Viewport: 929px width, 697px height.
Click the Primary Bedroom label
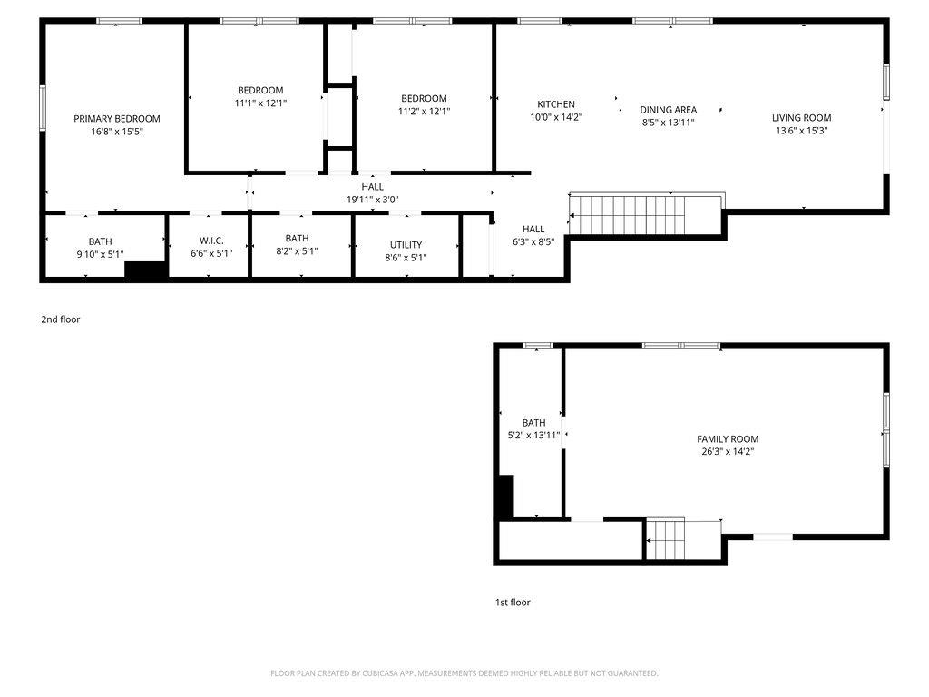(x=117, y=119)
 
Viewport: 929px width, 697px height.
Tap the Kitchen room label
(x=556, y=104)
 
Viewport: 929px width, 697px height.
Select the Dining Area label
(x=669, y=110)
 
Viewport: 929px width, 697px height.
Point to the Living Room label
(x=802, y=118)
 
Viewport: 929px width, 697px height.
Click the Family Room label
(x=728, y=439)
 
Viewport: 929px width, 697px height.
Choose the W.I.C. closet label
(x=211, y=241)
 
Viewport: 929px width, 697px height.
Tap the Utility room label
(x=406, y=245)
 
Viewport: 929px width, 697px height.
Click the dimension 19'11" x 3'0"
(x=373, y=200)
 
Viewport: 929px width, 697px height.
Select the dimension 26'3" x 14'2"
(x=728, y=452)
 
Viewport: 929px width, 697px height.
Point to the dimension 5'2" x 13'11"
(x=533, y=435)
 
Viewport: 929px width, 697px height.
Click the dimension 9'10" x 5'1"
(x=100, y=254)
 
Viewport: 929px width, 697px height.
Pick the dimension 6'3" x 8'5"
(x=533, y=241)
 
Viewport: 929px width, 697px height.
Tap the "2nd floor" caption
(x=61, y=319)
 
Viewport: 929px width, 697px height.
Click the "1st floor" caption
(x=513, y=603)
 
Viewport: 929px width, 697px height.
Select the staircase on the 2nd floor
(x=628, y=215)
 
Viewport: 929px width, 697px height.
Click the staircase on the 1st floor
(x=665, y=539)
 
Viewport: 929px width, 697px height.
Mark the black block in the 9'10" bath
(x=145, y=270)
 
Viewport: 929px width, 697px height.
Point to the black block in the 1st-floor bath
(x=505, y=496)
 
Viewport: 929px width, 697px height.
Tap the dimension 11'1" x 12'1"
(x=260, y=103)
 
